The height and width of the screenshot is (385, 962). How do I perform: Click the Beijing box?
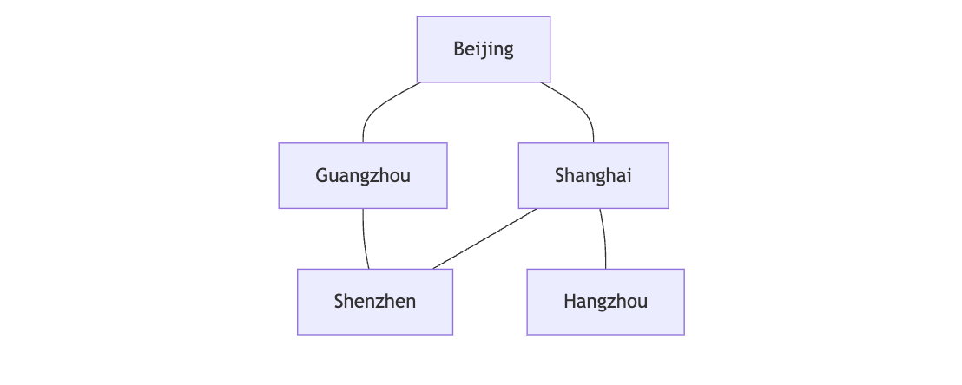(x=484, y=49)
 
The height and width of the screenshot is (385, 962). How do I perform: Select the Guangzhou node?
(x=363, y=176)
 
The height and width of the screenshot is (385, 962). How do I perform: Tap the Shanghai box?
(x=593, y=176)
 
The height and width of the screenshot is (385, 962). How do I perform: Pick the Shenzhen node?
(x=375, y=302)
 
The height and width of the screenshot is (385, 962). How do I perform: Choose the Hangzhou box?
(x=605, y=302)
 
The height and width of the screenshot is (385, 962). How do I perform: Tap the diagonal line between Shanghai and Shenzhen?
(x=484, y=238)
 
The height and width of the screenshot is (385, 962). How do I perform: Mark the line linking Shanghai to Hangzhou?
(x=604, y=238)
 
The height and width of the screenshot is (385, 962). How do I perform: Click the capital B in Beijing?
(x=458, y=49)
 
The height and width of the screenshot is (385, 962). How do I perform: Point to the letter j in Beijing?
(x=483, y=50)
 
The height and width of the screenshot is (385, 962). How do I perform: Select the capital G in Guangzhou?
(x=321, y=176)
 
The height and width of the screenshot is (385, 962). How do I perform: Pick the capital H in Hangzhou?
(x=570, y=302)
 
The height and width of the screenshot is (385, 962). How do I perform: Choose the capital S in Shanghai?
(x=560, y=176)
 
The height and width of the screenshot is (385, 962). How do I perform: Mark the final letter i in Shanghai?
(x=629, y=176)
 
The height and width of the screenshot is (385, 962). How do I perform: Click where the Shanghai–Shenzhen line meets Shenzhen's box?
(x=432, y=269)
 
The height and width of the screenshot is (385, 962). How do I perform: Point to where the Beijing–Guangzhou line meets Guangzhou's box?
(x=363, y=143)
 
